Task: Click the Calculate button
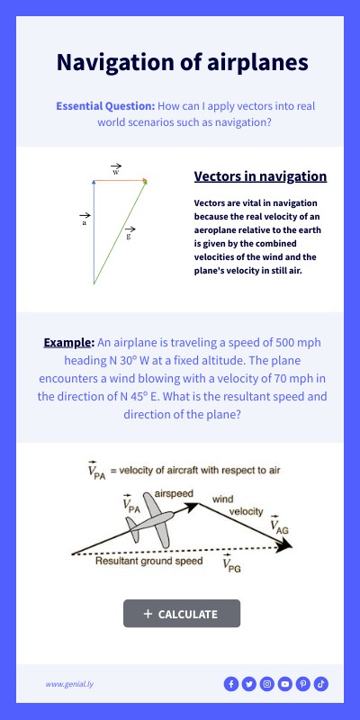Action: click(x=182, y=614)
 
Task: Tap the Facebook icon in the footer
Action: click(x=231, y=684)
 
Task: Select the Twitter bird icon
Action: click(x=249, y=684)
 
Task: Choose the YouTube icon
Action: click(x=285, y=684)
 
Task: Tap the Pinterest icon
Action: click(x=303, y=684)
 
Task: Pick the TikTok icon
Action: click(x=321, y=684)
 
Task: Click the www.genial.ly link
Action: click(x=69, y=684)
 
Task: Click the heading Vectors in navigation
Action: click(x=260, y=176)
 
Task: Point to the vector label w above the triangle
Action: click(x=116, y=170)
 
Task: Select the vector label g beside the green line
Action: click(x=130, y=234)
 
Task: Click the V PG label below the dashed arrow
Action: click(x=232, y=563)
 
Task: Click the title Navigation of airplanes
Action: click(x=182, y=62)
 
